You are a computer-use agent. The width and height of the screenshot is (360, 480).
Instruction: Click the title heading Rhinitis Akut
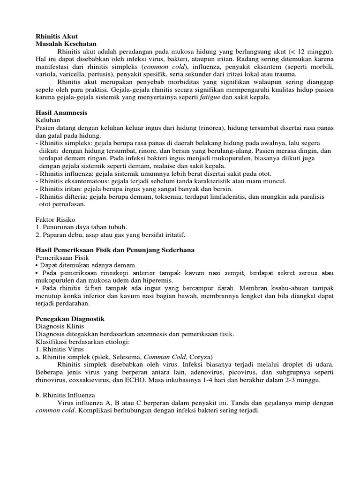(x=57, y=36)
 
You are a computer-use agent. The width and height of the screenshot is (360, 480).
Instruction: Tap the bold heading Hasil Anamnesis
(x=61, y=113)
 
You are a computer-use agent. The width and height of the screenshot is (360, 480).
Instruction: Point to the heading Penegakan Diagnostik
(x=70, y=319)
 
